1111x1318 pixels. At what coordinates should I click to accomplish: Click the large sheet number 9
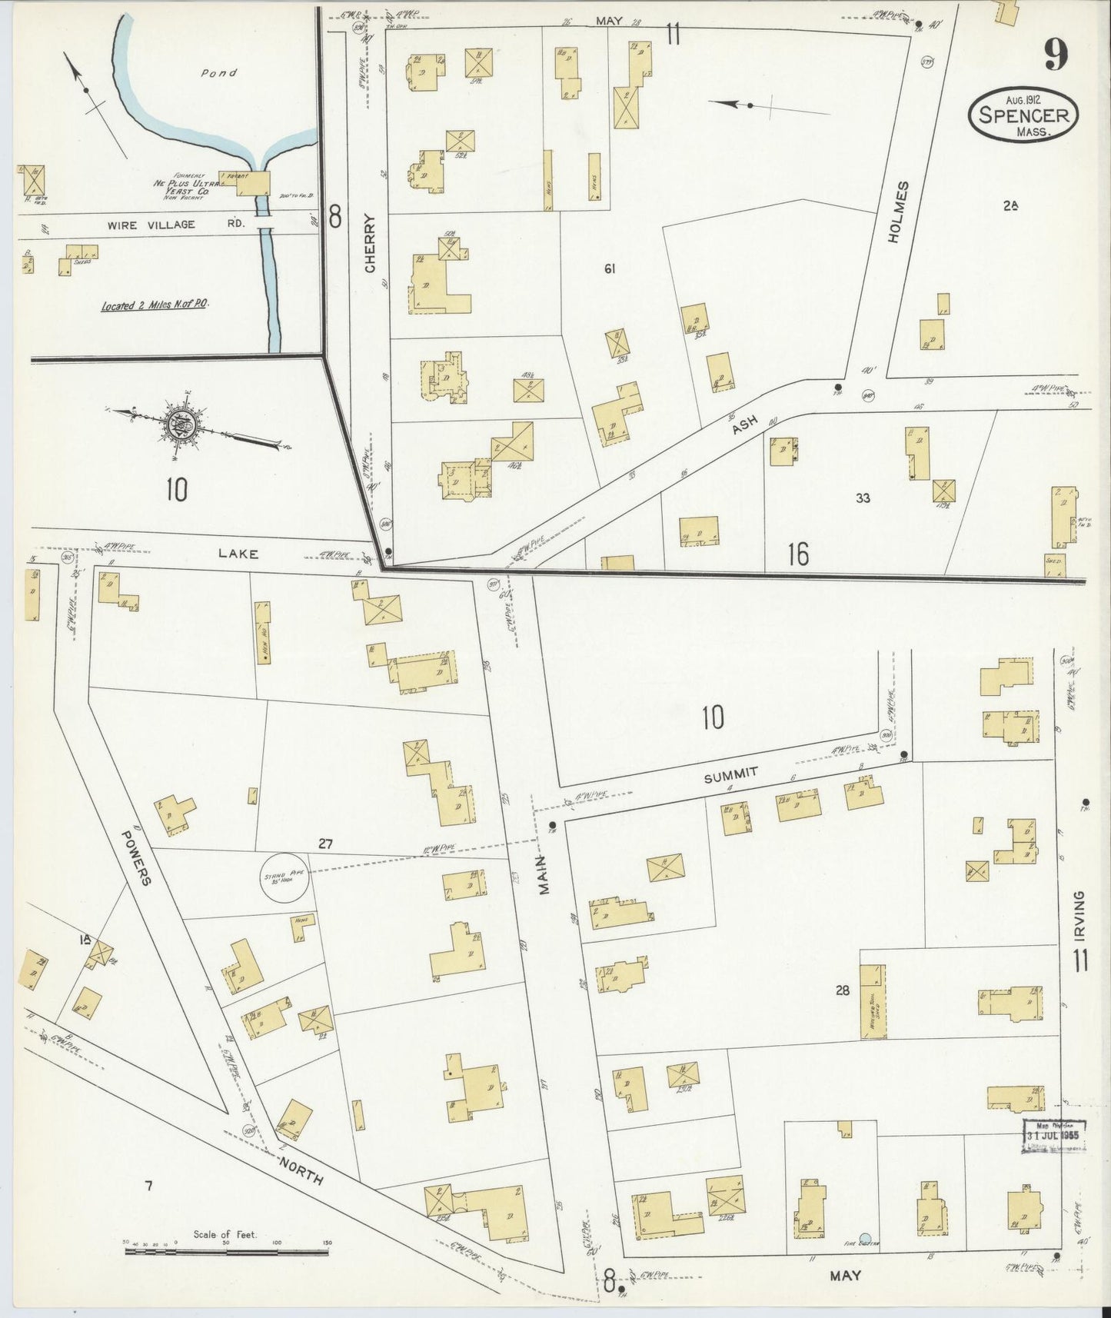click(x=1056, y=54)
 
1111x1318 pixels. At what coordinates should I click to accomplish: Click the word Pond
click(x=219, y=73)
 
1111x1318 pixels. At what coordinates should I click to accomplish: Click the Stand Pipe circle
click(x=285, y=877)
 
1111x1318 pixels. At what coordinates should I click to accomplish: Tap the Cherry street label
click(x=371, y=243)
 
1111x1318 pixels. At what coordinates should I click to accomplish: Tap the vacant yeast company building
click(x=244, y=181)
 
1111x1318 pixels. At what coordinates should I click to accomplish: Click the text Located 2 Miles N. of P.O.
click(x=156, y=305)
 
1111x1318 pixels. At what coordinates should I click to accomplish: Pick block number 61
click(x=610, y=268)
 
